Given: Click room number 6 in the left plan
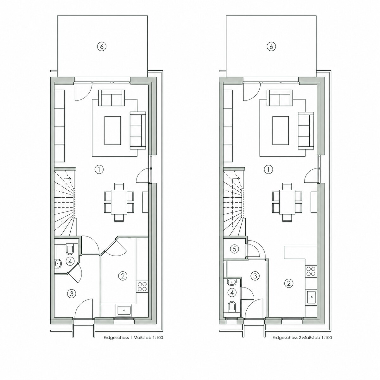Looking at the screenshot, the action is (102, 47).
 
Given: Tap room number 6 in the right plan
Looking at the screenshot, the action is (271, 47).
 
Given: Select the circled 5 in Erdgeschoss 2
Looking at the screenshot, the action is (234, 249).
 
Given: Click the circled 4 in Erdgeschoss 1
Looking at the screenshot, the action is (70, 262).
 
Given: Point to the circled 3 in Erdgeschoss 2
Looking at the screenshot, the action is (255, 276).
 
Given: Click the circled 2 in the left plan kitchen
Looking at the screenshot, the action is (123, 276).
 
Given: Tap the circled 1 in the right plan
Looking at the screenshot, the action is (268, 169).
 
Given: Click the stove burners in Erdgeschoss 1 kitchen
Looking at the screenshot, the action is (142, 287).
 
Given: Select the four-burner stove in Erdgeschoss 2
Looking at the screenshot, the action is (311, 271).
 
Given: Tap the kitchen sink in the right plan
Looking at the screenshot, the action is (312, 297).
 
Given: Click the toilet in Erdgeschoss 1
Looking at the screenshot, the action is (69, 250).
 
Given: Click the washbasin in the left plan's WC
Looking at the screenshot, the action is (58, 263).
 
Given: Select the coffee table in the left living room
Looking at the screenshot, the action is (113, 130).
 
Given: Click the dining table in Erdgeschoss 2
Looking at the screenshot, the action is (287, 202).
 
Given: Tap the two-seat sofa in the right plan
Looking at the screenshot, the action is (280, 98).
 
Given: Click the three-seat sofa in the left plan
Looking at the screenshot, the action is (138, 130).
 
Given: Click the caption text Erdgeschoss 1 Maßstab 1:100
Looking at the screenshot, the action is (133, 338).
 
